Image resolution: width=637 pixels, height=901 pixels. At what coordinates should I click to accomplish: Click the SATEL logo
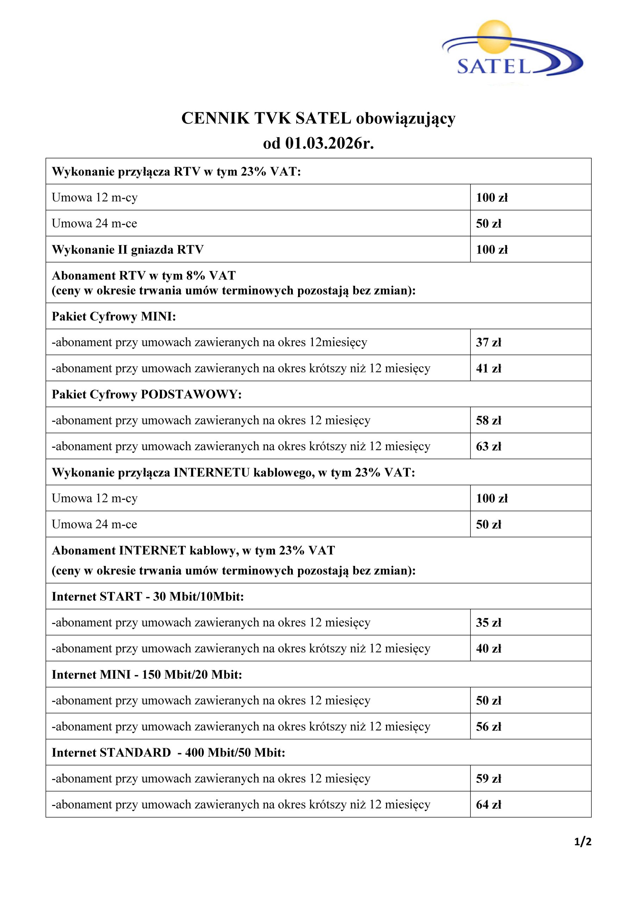(512, 51)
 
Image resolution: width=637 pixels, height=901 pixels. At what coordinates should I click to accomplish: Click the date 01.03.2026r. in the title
(329, 144)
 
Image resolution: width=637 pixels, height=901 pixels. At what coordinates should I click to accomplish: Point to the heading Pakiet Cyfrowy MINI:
(114, 316)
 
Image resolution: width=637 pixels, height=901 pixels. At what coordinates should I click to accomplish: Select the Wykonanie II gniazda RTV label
(127, 250)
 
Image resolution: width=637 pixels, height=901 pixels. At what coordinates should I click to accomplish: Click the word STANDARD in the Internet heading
(135, 753)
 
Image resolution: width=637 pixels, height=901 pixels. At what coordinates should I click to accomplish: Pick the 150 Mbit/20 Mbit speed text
(191, 675)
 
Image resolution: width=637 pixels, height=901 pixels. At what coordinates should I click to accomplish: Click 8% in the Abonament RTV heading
(195, 276)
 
